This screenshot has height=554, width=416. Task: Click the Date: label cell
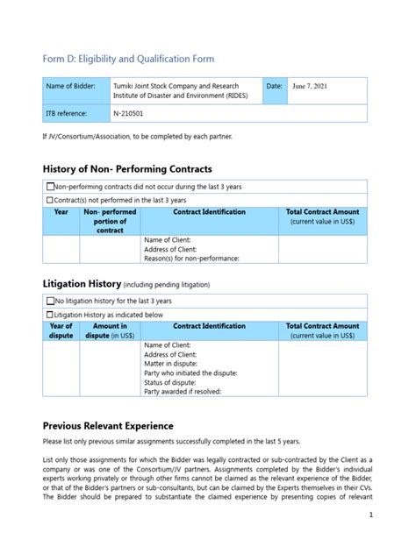(273, 86)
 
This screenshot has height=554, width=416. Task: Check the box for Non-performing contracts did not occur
(49, 187)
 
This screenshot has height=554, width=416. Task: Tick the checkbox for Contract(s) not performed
(49, 200)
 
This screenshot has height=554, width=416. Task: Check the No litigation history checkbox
(49, 301)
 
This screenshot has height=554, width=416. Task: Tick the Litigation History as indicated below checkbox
(49, 314)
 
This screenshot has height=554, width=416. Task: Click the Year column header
(61, 212)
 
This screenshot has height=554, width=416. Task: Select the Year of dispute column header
(61, 330)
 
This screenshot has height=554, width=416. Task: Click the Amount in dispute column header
(110, 330)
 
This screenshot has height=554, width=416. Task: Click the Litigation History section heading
(81, 284)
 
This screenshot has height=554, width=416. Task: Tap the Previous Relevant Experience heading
(117, 424)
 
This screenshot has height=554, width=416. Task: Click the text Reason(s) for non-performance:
(190, 258)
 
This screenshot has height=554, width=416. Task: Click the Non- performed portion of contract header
(110, 222)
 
